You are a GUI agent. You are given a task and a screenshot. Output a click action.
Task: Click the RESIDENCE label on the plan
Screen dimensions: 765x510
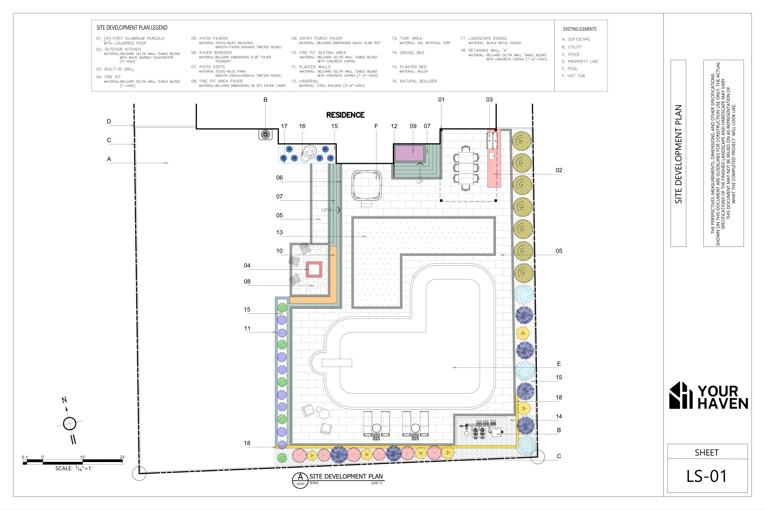(x=345, y=115)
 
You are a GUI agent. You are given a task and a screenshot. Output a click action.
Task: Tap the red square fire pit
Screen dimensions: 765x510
(x=314, y=269)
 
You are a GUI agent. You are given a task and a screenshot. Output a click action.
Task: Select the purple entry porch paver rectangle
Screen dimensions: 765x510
(x=409, y=153)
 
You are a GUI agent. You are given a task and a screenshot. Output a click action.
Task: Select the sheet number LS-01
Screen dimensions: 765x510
(x=706, y=476)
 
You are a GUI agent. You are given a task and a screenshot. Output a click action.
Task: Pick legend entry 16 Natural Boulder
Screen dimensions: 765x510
(x=414, y=81)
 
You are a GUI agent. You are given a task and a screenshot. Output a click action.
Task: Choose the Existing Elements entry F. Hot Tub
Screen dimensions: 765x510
(x=573, y=76)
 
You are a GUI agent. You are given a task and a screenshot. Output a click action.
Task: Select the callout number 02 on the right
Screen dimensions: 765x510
(x=559, y=170)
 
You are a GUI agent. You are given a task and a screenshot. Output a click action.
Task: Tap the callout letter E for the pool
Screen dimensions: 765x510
(x=559, y=364)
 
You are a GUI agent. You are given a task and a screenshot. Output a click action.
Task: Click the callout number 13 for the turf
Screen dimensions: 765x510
(x=279, y=232)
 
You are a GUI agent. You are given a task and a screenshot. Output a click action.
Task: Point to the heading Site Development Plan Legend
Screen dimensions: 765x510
(x=132, y=28)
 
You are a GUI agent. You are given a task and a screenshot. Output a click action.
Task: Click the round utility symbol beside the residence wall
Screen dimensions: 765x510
(x=265, y=135)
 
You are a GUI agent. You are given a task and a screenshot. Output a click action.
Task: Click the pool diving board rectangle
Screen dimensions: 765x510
(x=337, y=363)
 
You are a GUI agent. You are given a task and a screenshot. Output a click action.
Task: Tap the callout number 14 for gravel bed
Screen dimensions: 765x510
(x=559, y=416)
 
